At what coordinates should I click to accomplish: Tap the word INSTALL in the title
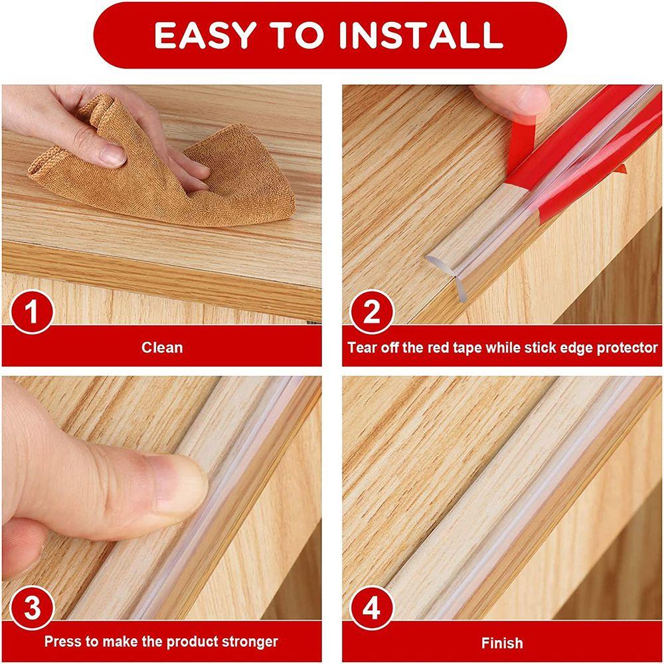tap(418, 35)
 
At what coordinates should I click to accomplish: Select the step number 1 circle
tap(31, 312)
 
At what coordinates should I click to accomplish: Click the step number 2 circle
tap(371, 312)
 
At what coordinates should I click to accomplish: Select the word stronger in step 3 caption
tap(246, 642)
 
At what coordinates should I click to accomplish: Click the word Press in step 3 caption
tap(62, 642)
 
